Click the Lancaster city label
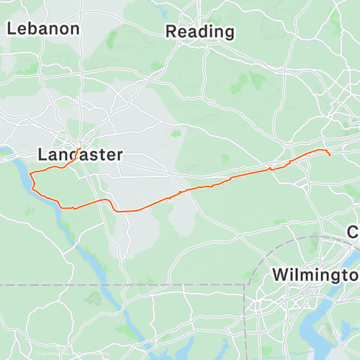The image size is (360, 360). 80,155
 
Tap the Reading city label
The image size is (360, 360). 200,32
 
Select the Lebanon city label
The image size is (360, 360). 43,29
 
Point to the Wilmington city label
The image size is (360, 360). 317,275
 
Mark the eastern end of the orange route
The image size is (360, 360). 329,155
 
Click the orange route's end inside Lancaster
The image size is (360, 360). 78,149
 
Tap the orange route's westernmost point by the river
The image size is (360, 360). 31,173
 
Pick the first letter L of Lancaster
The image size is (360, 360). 42,155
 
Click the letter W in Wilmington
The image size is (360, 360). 281,275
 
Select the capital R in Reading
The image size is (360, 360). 171,32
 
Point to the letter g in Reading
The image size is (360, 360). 228,34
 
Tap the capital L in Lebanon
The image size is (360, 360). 12,29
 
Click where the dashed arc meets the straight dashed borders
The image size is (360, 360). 245,285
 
